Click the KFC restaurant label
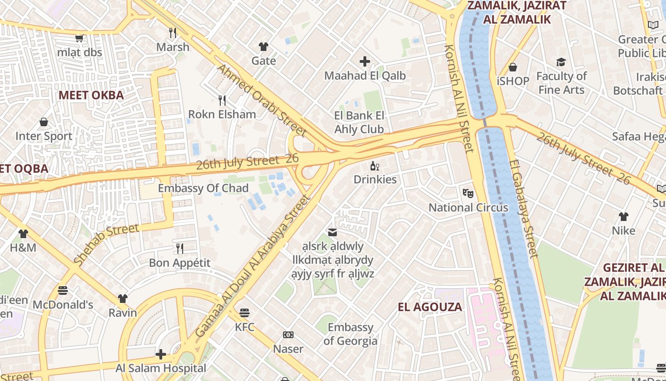245,327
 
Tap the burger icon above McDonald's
63,290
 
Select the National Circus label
468,208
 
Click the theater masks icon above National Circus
468,193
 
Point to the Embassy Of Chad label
203,188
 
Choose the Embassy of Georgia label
350,334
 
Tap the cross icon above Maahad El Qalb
365,61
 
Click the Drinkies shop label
375,180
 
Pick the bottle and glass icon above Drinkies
375,166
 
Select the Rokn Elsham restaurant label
222,114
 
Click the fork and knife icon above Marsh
173,33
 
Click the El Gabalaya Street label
523,208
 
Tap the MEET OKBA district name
91,95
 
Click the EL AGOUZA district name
430,307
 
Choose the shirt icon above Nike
623,217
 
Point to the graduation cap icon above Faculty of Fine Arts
561,62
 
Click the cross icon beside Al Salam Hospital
161,354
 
